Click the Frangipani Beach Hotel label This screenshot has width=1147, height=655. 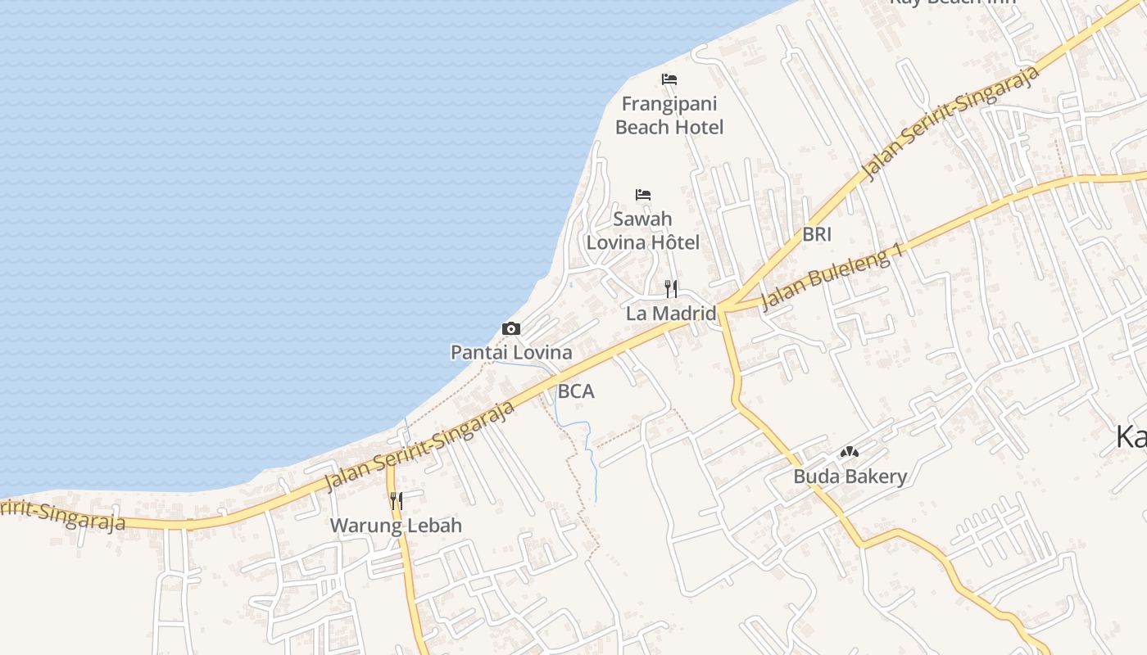669,115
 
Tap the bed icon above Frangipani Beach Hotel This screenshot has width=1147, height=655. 669,79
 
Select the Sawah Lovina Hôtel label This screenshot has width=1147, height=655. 643,231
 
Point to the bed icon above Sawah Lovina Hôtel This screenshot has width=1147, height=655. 643,195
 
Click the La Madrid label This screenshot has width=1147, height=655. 671,313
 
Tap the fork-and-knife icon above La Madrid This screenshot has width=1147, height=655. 671,288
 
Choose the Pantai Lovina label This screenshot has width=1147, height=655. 511,353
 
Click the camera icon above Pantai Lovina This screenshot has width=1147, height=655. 511,329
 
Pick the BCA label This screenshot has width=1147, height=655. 576,391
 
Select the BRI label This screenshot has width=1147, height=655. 817,234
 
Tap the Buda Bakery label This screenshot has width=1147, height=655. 850,477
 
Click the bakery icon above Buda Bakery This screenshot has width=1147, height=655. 850,452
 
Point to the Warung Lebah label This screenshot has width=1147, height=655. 396,526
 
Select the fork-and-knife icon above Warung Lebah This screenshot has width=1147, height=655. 396,500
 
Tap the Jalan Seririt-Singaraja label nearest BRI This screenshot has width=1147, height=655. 951,123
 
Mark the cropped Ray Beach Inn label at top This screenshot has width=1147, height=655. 952,2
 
